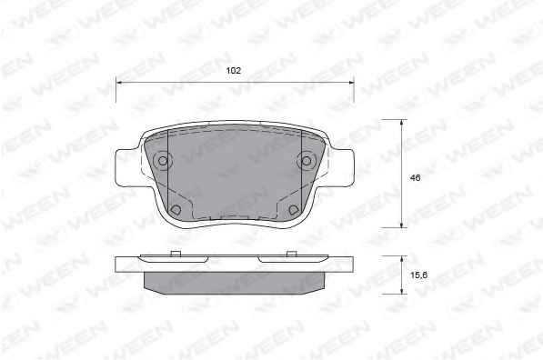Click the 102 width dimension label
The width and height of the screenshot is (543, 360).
(233, 71)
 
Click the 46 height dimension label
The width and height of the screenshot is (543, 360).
(415, 178)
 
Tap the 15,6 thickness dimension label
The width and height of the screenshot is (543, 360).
(418, 275)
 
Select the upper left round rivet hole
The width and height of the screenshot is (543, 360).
(163, 161)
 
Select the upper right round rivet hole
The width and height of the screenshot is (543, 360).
(307, 161)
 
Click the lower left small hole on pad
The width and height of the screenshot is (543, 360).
(176, 209)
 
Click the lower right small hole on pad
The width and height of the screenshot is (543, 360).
(294, 209)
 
